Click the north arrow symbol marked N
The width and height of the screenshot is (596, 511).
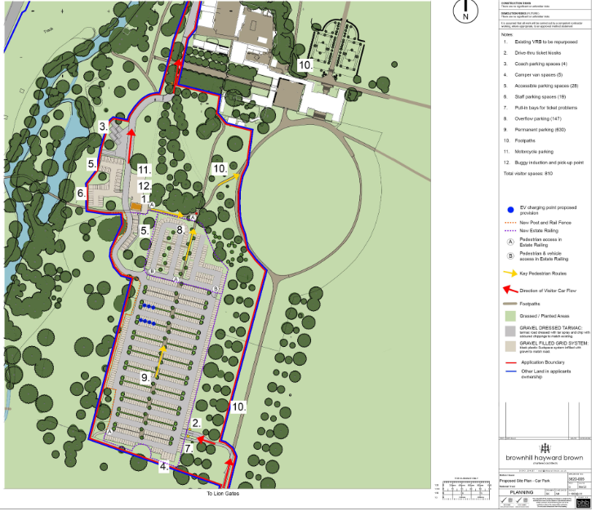click(465, 11)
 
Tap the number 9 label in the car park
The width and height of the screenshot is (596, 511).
click(145, 378)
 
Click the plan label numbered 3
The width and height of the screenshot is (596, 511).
click(104, 127)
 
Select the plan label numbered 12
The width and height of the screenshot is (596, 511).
click(144, 186)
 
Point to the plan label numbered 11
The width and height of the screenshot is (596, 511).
click(144, 170)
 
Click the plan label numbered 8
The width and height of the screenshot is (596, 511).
click(180, 230)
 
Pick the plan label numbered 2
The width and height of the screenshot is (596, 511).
click(196, 423)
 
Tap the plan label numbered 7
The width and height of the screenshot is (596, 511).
click(188, 448)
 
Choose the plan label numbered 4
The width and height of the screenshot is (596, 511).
click(164, 466)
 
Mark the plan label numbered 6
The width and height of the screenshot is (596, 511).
click(82, 193)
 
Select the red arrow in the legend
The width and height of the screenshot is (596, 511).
click(509, 290)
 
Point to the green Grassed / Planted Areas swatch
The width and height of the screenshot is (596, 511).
click(509, 316)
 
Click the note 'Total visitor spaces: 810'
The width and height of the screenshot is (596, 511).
click(528, 174)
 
